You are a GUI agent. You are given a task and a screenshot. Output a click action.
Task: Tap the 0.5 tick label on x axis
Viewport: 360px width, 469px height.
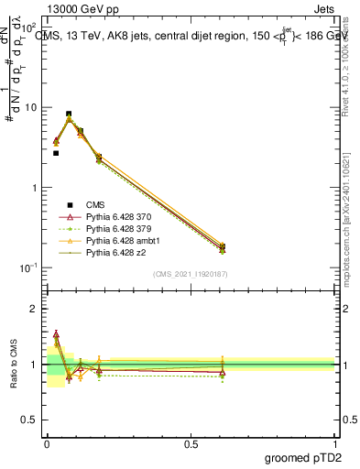(191, 442)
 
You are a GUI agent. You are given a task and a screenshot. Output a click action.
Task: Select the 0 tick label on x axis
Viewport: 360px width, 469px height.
(47, 442)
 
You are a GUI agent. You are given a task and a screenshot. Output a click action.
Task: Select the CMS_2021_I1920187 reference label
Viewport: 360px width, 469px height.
(191, 274)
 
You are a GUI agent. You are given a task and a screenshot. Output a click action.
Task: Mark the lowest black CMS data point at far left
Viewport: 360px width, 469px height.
(56, 153)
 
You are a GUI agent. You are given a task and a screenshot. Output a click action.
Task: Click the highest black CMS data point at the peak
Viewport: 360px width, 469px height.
(69, 114)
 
